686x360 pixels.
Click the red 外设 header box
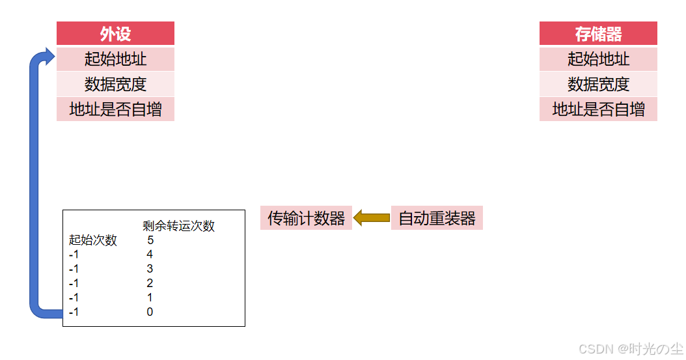point(115,33)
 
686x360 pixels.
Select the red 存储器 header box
point(598,33)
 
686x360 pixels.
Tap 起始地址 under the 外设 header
point(115,59)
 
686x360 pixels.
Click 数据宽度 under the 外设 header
point(115,84)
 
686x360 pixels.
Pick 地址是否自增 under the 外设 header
point(115,109)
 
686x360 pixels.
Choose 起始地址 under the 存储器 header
point(598,59)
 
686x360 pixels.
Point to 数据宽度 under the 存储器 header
point(598,84)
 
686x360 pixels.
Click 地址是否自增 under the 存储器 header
point(598,109)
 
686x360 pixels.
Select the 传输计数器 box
point(306,218)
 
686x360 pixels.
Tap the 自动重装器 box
point(437,218)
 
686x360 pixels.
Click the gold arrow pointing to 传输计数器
point(371,217)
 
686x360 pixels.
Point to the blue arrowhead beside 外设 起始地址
point(48,57)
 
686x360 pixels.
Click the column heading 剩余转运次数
point(178,226)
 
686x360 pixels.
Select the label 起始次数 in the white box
point(93,240)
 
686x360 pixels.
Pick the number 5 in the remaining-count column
point(150,240)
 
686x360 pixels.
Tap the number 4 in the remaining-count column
point(150,255)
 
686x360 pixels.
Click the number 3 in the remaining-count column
point(150,269)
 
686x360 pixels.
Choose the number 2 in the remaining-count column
point(150,283)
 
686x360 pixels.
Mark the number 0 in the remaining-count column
point(150,312)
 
